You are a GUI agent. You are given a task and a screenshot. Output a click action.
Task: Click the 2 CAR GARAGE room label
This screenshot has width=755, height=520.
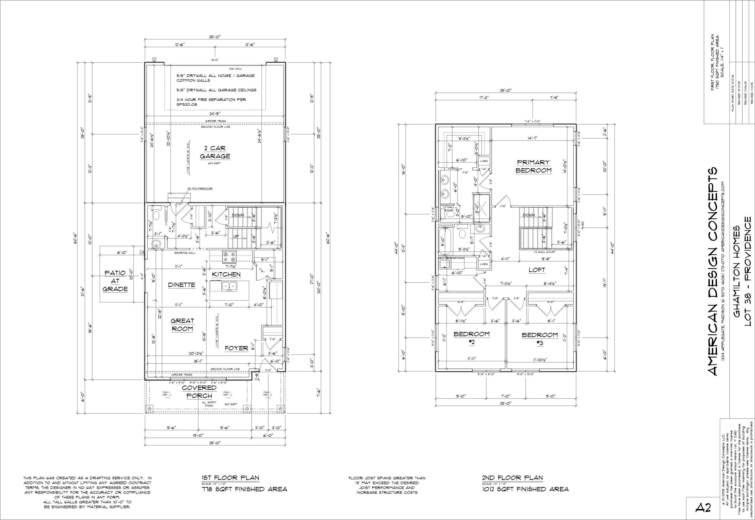[x=215, y=152]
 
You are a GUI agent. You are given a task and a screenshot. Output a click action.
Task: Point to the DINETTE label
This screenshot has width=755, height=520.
[x=182, y=285]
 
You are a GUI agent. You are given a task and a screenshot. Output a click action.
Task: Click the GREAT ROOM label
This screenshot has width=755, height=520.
[x=182, y=325]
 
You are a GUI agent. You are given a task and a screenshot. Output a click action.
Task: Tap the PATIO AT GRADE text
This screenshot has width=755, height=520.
[x=115, y=281]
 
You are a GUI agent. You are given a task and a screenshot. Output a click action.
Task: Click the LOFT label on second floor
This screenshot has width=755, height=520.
[x=536, y=270]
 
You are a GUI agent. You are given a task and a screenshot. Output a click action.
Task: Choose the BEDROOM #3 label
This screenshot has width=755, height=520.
[x=540, y=339]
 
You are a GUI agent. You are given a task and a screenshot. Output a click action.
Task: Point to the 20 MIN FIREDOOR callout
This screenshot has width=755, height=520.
[x=200, y=189]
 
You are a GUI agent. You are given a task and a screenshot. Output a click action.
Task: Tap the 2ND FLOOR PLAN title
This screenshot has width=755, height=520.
[x=512, y=478]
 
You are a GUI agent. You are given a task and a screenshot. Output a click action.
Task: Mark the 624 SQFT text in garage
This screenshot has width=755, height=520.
[x=215, y=163]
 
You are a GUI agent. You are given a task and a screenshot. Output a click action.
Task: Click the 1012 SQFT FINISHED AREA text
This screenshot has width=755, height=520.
[x=525, y=489]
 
